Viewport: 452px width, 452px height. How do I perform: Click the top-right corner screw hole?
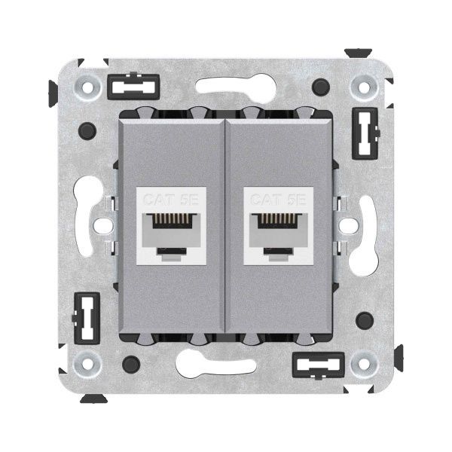[x=365, y=87]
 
